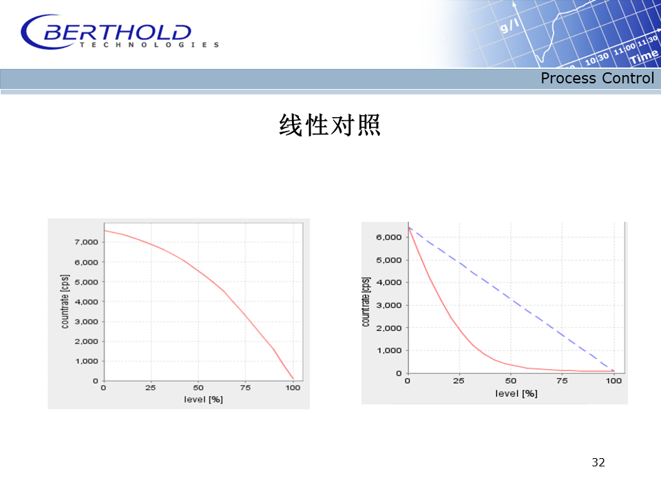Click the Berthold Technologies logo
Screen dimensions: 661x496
point(120,32)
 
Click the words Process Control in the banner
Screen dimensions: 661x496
point(598,79)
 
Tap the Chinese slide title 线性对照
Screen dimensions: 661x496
point(330,125)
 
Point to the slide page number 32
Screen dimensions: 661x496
point(598,462)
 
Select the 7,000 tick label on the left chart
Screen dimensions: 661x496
point(87,242)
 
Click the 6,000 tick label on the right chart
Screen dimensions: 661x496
point(389,237)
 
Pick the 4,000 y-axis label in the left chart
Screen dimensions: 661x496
point(87,302)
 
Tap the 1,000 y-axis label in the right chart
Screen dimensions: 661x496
point(389,351)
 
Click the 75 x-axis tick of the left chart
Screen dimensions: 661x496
point(245,388)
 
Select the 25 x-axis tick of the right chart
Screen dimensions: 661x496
point(459,381)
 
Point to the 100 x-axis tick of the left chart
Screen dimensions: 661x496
point(293,388)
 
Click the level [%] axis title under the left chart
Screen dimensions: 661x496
point(203,400)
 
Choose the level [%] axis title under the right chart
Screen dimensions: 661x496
point(516,393)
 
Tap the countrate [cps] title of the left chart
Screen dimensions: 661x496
point(65,302)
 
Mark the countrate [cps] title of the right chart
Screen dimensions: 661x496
point(366,302)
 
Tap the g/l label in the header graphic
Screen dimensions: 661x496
point(510,26)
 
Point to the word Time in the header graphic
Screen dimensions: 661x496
point(644,56)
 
